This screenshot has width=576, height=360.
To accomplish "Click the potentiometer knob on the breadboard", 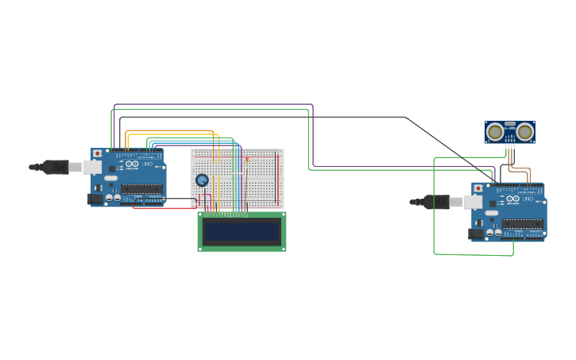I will tap(202, 180).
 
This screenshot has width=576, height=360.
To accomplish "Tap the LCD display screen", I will tap(242, 231).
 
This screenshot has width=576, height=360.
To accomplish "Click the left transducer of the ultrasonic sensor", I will tap(496, 132).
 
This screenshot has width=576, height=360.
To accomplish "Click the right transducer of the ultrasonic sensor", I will tap(524, 132).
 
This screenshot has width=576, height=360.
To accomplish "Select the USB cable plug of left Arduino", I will tap(56, 167).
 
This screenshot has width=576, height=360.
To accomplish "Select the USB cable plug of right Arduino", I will tap(436, 202).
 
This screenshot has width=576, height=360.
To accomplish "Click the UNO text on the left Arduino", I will tap(147, 165).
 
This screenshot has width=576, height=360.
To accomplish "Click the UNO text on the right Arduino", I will tap(528, 200).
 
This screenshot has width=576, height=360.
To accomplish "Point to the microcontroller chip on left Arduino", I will tap(141, 189).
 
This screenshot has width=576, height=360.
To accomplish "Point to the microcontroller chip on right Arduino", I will tap(522, 224).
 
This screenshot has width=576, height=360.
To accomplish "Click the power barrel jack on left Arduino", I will tap(95, 199).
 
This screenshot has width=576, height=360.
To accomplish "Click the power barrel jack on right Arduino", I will tap(476, 234).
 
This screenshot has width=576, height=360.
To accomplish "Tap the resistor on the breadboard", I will tap(246, 161).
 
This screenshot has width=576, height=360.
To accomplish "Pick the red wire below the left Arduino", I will tap(163, 208).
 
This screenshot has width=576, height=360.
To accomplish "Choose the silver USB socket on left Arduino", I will tap(93, 167).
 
